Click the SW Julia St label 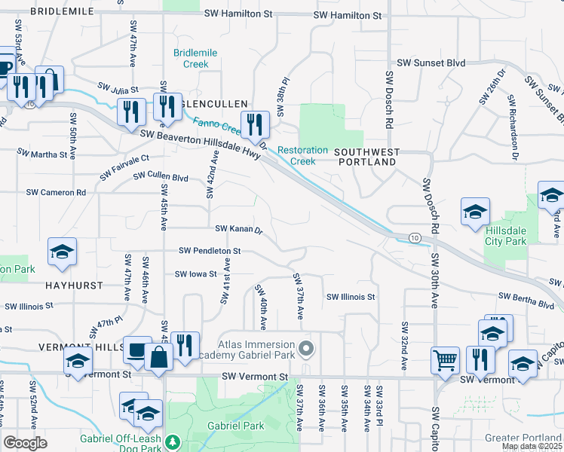(118, 89)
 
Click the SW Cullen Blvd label (161, 176)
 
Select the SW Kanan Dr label (238, 228)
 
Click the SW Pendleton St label (210, 250)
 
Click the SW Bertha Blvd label (526, 303)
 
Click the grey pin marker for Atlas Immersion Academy (306, 349)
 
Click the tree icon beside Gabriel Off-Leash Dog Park (173, 441)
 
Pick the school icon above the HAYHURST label (63, 252)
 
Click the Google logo (25, 443)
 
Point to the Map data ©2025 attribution (532, 446)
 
